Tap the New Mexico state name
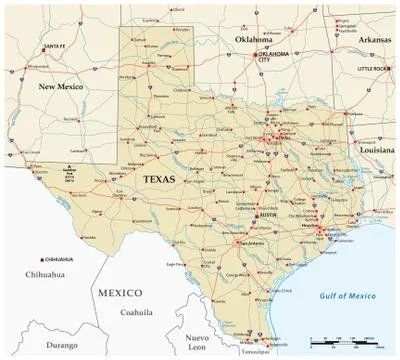(60, 88)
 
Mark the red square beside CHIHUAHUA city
(42, 258)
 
